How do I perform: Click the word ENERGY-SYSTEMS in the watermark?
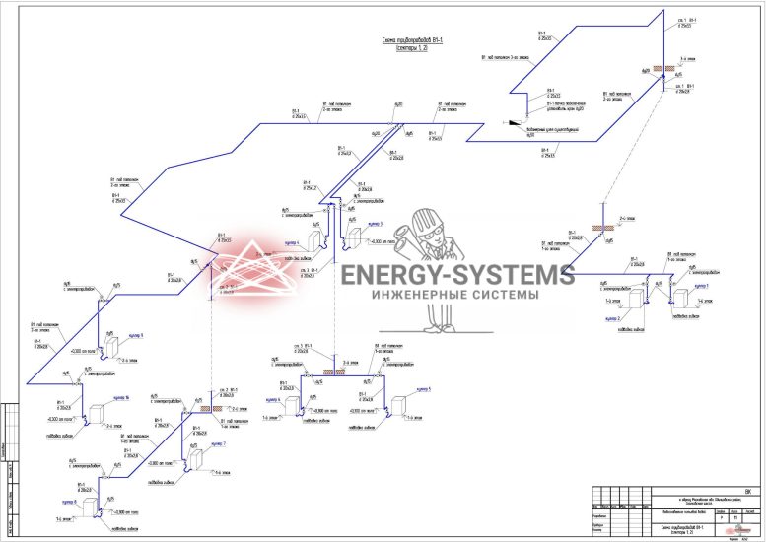[457, 275]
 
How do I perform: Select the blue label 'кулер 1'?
[701, 285]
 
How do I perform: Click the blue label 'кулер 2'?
[611, 319]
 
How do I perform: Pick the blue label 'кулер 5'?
[423, 391]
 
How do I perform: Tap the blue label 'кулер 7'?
[218, 444]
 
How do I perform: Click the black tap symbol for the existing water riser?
[514, 123]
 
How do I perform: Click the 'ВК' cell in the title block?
[747, 492]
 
